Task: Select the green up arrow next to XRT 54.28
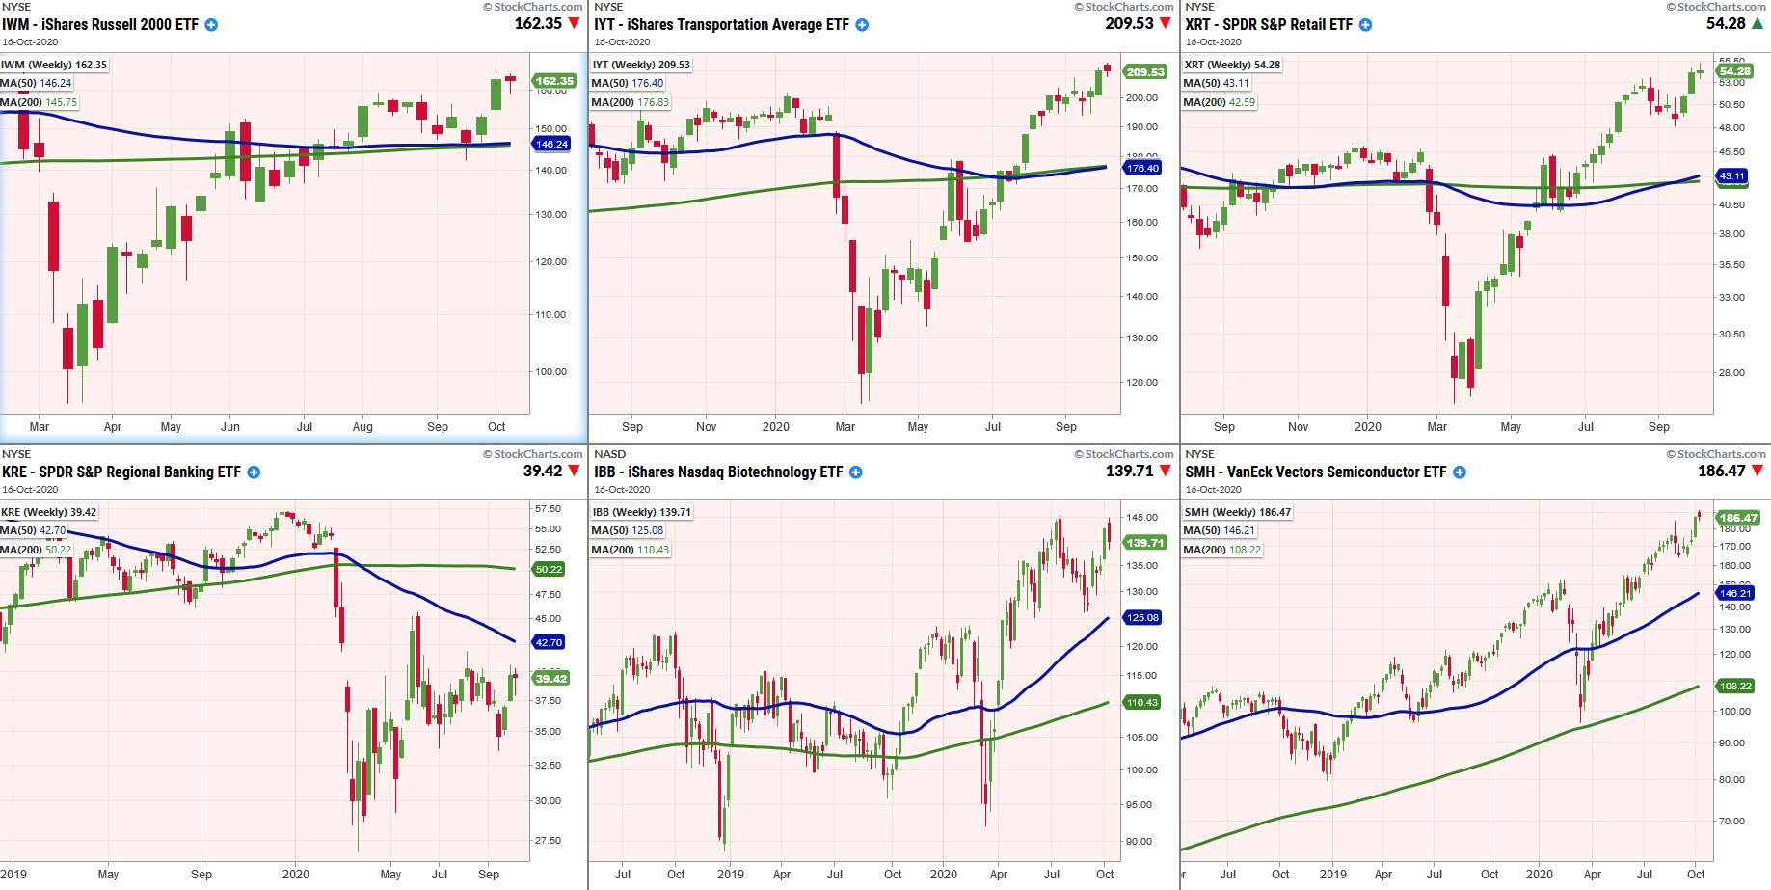tap(1760, 23)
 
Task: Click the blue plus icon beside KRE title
tap(253, 472)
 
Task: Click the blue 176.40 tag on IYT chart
tap(1143, 168)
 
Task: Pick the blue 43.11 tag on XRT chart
tap(1732, 176)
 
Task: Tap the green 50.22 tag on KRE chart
tap(549, 569)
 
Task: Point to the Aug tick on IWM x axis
tap(362, 426)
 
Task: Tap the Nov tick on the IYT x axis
tap(706, 426)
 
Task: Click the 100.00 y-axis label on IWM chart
tap(551, 371)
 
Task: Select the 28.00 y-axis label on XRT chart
tap(1731, 373)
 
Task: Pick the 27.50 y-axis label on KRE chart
tap(547, 840)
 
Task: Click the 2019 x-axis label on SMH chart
tap(1333, 874)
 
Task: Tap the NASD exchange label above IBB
tap(609, 454)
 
